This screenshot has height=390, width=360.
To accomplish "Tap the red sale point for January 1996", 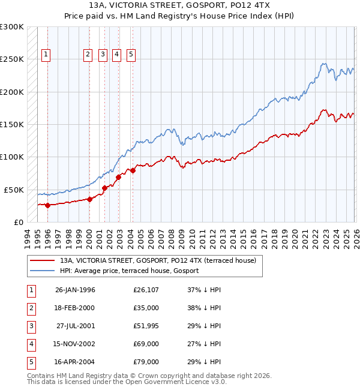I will click(x=47, y=205).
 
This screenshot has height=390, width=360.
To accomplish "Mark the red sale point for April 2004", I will click(x=133, y=170).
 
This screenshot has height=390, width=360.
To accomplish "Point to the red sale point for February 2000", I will click(x=89, y=199).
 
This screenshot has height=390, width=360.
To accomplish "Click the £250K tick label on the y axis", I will click(x=11, y=59).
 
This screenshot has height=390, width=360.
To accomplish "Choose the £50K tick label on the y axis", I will click(x=14, y=190).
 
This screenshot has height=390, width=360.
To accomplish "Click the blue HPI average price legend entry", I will click(x=128, y=271).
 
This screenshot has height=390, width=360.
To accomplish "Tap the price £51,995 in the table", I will click(x=146, y=326).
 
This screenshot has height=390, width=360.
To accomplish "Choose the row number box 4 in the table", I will click(x=29, y=344).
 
